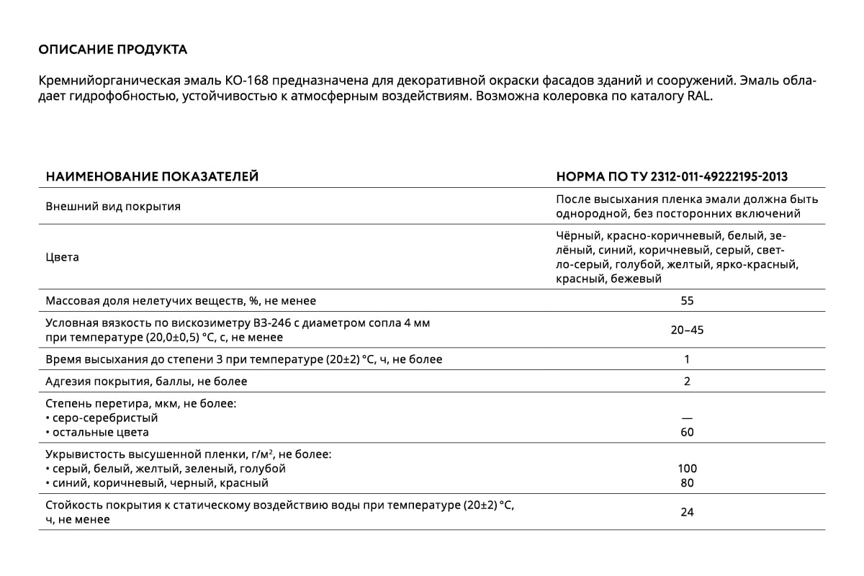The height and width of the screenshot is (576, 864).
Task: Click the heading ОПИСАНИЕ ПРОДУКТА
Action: point(112,50)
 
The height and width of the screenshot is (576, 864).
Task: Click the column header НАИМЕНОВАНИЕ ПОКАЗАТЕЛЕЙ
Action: point(152,176)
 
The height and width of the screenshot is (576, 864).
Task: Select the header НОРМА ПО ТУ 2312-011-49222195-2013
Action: point(672,176)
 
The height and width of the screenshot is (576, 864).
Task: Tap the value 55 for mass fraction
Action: point(687,301)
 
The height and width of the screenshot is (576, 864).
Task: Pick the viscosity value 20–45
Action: point(687,330)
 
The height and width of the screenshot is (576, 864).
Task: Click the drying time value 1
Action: point(687,359)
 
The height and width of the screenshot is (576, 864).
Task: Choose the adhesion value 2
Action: point(687,382)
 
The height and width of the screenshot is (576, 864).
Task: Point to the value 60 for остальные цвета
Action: point(687,432)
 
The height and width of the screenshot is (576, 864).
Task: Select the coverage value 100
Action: point(687,469)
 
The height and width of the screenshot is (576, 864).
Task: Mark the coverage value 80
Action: point(687,483)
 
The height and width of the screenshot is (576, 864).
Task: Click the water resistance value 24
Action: point(687,513)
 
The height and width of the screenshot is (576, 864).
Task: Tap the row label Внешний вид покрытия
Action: point(113,207)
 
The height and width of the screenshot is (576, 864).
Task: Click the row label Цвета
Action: point(63,257)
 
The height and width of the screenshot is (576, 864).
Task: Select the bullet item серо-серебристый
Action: point(105,418)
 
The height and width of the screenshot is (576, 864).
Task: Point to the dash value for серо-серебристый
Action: point(687,418)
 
